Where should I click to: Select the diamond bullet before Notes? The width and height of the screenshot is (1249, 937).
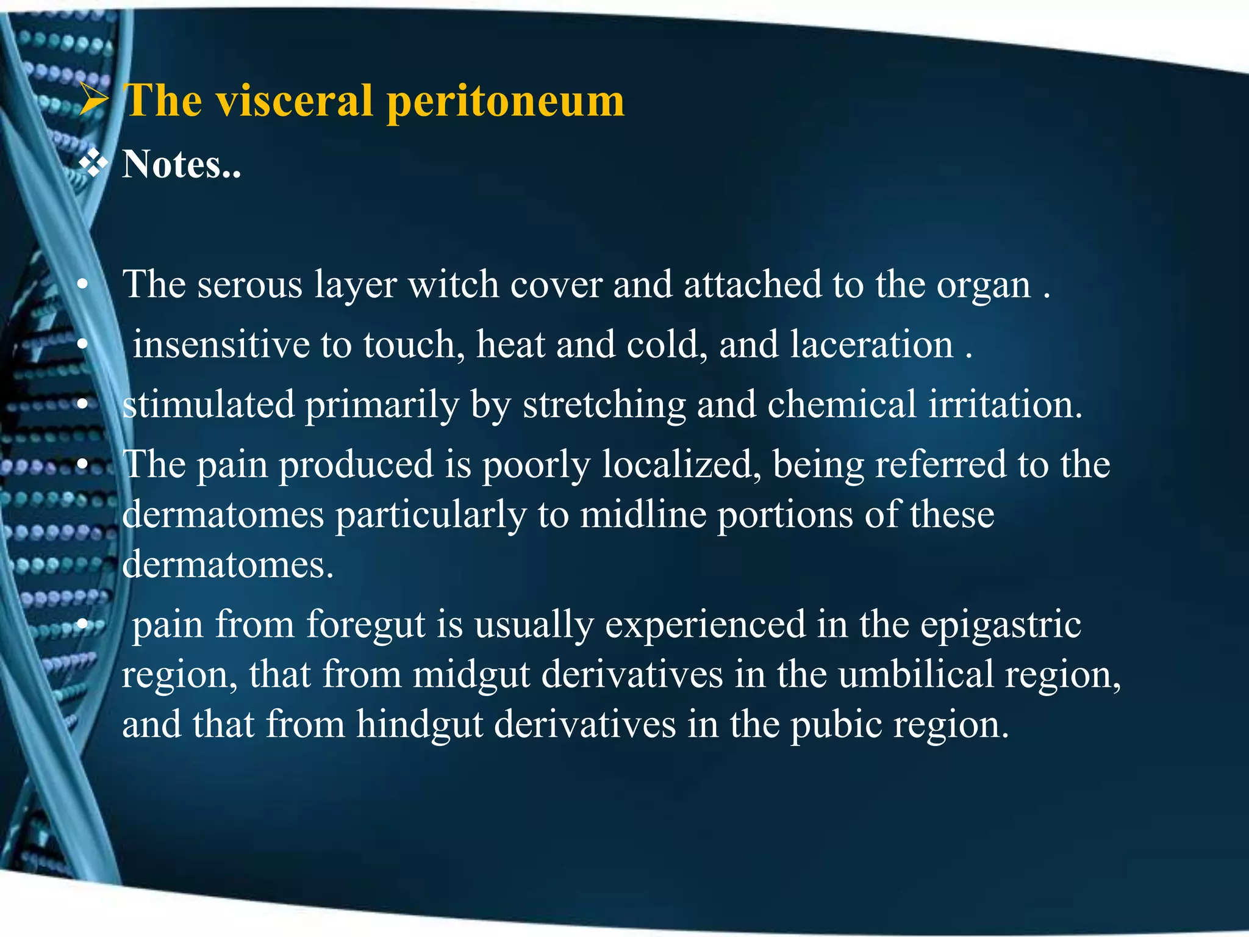coord(94,164)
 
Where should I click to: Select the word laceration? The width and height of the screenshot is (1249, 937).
coord(871,344)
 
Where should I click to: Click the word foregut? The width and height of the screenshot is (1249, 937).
coord(366,626)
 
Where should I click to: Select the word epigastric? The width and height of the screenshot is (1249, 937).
coord(1000,626)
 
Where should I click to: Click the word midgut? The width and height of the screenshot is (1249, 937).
coord(471,675)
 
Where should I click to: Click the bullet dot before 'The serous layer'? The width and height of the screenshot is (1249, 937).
coord(83,285)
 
